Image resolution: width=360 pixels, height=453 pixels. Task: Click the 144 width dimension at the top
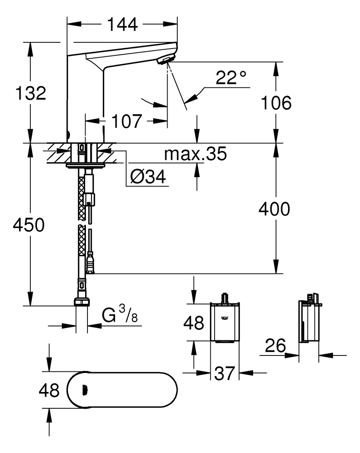tap(122, 25)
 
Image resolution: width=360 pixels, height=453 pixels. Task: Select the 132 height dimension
tap(31, 93)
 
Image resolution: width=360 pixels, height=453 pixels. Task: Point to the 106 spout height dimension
tap(276, 103)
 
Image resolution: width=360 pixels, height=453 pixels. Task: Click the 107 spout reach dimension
tap(126, 122)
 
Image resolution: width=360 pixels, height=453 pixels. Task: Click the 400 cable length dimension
tap(274, 209)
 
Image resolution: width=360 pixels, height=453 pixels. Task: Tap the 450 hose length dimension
tap(28, 225)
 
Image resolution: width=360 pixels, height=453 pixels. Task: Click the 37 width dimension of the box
tap(224, 373)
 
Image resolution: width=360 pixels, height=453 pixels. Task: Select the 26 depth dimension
tap(276, 345)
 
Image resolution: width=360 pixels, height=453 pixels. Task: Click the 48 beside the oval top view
tap(49, 390)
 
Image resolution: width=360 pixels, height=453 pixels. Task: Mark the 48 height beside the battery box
tap(194, 322)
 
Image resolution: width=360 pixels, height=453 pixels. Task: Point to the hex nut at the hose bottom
tap(82, 302)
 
